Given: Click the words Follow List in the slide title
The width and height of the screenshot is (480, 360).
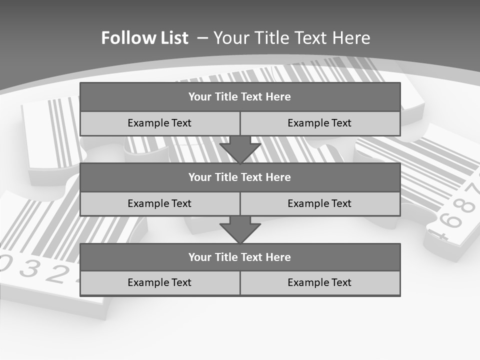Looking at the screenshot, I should tap(144, 38).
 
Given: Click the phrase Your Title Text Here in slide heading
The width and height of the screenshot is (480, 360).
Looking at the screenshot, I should tap(292, 38).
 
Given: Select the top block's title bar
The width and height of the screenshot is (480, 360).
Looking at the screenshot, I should tap(240, 97).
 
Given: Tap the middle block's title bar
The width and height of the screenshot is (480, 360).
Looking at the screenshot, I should tap(240, 177).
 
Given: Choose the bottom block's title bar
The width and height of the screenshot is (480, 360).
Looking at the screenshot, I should tap(240, 257).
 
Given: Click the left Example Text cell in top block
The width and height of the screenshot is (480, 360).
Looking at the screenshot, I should tap(159, 123).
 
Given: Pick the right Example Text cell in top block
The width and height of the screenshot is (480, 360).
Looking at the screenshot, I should tap(320, 123).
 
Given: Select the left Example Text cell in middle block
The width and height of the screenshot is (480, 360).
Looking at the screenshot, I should tap(159, 204).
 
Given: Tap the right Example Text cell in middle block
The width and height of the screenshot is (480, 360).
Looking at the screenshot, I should tap(320, 204).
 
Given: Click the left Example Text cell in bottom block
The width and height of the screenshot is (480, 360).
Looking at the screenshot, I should tap(159, 283).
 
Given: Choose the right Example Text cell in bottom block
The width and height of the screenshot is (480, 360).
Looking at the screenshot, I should tap(320, 283).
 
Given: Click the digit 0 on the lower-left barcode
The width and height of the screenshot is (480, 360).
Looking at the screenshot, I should tap(7, 263).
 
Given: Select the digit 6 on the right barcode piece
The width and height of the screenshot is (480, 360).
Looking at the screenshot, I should tap(452, 220).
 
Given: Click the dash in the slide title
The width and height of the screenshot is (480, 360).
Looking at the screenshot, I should tap(202, 38).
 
